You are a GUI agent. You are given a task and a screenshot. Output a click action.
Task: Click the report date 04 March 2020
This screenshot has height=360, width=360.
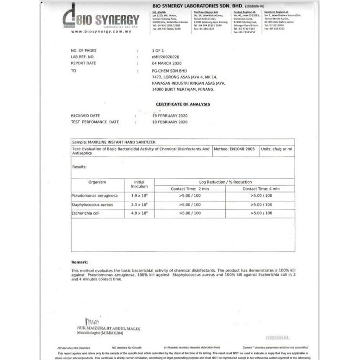[x=167, y=63]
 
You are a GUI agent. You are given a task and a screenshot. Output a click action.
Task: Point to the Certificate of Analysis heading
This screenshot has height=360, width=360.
[x=183, y=104]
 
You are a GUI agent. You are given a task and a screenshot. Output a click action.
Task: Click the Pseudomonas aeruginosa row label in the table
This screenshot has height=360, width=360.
[x=94, y=196]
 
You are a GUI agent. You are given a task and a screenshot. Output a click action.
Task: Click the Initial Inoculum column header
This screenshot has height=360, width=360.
[x=139, y=184]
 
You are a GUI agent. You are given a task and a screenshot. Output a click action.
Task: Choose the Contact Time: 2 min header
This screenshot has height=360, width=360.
[x=190, y=189]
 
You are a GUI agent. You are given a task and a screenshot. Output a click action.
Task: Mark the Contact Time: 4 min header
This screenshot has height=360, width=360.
[x=261, y=189]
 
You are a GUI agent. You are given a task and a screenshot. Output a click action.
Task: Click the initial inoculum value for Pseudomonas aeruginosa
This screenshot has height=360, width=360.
[x=139, y=196]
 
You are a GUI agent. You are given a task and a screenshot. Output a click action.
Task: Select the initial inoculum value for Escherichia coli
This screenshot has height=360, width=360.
[x=139, y=213]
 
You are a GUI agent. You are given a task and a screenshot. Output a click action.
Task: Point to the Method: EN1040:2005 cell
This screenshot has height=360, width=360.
[x=235, y=149]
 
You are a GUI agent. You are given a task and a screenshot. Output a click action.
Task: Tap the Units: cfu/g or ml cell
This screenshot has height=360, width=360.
[x=276, y=149]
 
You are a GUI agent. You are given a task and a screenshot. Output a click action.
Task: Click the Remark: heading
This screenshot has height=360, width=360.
[x=80, y=262]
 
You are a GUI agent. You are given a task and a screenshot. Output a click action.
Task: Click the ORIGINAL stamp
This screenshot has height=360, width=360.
[x=278, y=338]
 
